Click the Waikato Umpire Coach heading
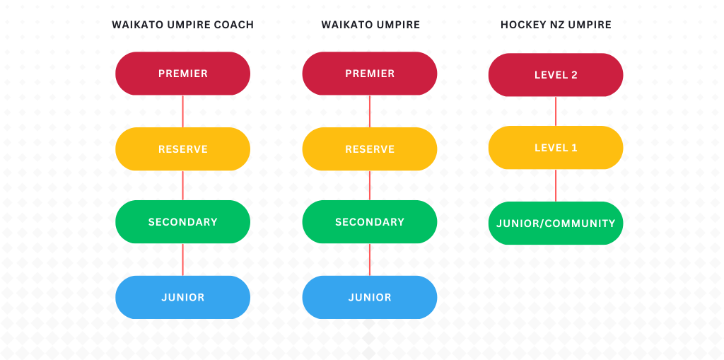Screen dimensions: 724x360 coord(183,25)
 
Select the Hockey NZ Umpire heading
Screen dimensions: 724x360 coord(556,25)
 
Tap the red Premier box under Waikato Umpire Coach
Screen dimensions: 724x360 coord(183,74)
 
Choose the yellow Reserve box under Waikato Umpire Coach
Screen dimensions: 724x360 coord(183,149)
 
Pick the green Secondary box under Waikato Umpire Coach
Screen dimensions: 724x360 coord(183,222)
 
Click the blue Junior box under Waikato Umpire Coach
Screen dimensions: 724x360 coord(183,297)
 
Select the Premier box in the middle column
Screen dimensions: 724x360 coord(369,74)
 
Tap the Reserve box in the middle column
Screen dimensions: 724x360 coord(369,149)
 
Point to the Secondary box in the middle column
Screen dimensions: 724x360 coord(369,222)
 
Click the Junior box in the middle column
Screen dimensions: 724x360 coord(369,297)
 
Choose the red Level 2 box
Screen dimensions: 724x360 coord(556,75)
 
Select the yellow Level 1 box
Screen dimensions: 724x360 coord(556,148)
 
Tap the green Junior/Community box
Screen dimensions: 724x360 coord(556,223)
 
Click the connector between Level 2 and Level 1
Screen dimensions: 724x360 coord(556,111)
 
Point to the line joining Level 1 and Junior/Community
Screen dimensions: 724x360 coord(556,185)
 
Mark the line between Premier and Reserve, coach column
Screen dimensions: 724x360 coord(183,111)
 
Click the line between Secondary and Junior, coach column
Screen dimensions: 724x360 coord(183,260)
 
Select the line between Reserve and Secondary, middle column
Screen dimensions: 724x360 coord(369,185)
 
